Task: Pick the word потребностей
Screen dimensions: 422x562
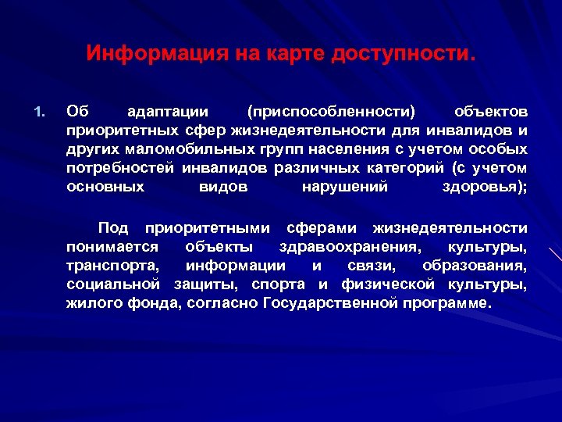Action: coord(120,168)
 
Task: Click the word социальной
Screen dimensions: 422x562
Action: coord(113,284)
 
